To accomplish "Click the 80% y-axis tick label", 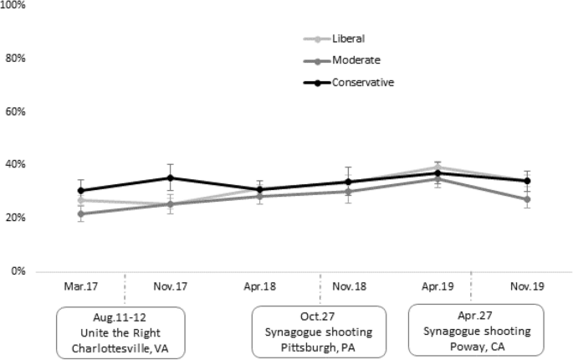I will [14, 59].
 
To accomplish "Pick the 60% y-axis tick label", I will [14, 111].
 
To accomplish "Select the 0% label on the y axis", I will [17, 270].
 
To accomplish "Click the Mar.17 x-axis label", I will [80, 285].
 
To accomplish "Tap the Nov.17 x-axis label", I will [170, 285].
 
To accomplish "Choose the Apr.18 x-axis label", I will [259, 285].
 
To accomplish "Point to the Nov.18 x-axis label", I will [349, 285].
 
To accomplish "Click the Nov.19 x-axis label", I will [528, 285].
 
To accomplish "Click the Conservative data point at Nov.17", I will [170, 177].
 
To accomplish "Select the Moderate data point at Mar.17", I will [80, 213].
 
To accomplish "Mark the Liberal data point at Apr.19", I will [438, 167].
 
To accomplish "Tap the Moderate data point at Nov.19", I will [528, 199].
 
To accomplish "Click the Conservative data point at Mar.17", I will [80, 191].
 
